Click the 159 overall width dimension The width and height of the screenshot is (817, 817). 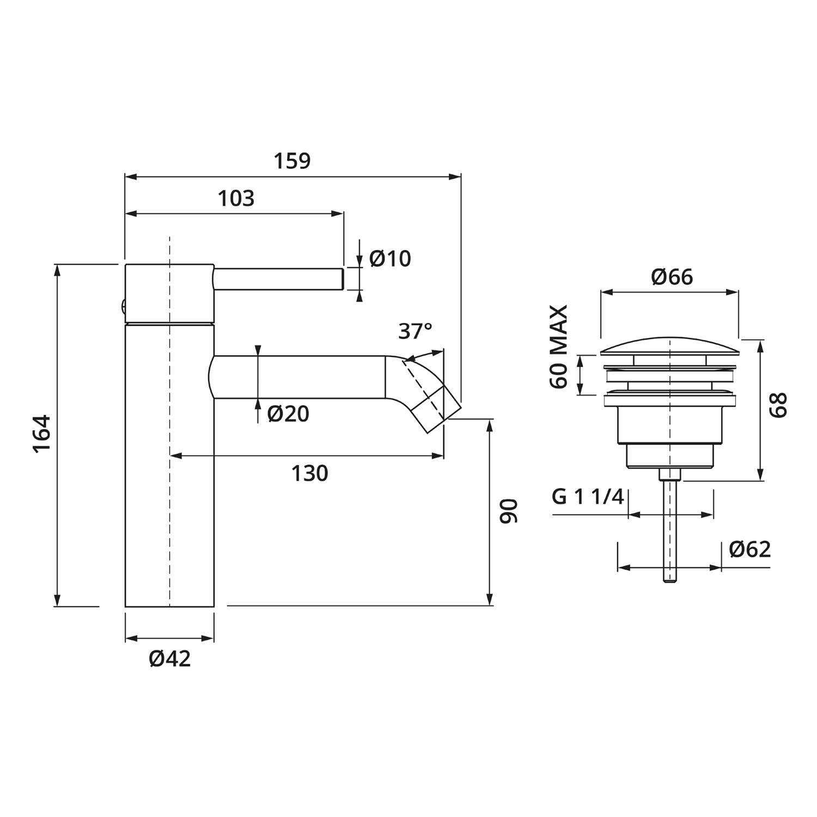point(292,161)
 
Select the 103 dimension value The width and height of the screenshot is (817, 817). point(236,199)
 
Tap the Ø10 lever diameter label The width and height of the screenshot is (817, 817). point(390,259)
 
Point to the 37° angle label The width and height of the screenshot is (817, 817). point(415,331)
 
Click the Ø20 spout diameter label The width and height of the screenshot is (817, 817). point(288,414)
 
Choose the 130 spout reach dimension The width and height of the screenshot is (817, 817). point(309,473)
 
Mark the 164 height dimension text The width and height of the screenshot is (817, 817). point(42,434)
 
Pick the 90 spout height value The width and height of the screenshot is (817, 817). point(509,511)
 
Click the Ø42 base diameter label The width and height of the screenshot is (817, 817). point(170,659)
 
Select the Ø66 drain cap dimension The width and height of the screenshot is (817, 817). point(672,277)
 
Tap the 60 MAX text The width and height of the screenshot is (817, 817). point(559,346)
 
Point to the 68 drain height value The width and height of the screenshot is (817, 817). point(779,405)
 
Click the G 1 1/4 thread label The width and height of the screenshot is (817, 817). point(588,497)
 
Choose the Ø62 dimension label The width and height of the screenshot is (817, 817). point(750,549)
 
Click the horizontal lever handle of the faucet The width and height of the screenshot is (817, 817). point(278,279)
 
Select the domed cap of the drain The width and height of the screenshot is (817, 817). point(669,346)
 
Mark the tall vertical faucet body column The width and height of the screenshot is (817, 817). point(169,465)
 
